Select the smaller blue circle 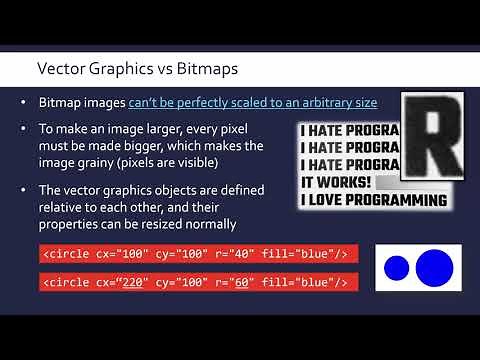click(x=397, y=268)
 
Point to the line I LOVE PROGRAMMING click(x=374, y=200)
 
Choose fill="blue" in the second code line click(x=310, y=283)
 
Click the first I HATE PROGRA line click(x=349, y=130)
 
